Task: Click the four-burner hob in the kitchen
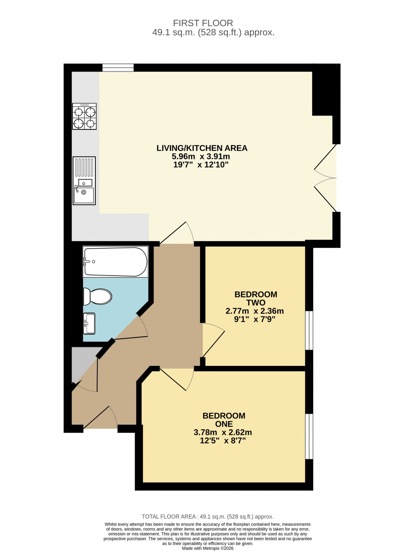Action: (84, 116)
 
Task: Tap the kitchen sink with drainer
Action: (84, 181)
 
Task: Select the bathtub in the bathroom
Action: (115, 262)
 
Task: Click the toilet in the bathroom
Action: (97, 296)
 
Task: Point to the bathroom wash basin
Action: (89, 324)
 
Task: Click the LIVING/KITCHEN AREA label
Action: (202, 148)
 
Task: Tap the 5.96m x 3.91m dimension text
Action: (201, 156)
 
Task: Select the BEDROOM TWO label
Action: (255, 298)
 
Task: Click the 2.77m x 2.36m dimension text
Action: (255, 311)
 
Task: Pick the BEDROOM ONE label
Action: (224, 420)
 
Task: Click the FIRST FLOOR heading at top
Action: (203, 23)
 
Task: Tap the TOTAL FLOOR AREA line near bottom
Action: (208, 516)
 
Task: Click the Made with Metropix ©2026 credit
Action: (208, 548)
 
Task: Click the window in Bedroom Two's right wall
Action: (309, 331)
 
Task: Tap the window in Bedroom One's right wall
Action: (309, 436)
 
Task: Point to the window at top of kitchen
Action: (118, 68)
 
